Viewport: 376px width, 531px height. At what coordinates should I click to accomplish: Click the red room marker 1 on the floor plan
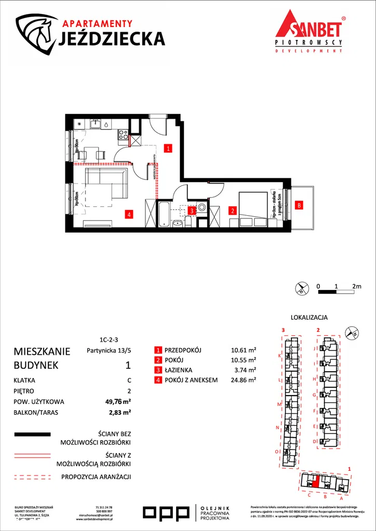(x=168, y=148)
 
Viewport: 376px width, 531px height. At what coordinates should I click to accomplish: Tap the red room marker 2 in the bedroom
(x=233, y=211)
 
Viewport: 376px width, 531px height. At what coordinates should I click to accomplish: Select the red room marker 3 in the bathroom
(x=192, y=211)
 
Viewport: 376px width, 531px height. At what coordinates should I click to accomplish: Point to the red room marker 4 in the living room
(x=129, y=213)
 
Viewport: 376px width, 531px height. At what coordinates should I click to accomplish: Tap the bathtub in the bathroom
(x=164, y=215)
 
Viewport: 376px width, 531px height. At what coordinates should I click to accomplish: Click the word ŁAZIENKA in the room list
(x=178, y=370)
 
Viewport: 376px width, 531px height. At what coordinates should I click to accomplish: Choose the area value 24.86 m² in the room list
(x=243, y=380)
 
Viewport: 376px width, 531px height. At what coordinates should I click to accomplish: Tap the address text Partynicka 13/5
(x=104, y=350)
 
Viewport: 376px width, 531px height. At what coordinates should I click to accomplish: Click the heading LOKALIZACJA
(x=309, y=317)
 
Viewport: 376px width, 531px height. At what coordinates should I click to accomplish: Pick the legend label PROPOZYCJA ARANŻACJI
(x=96, y=477)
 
